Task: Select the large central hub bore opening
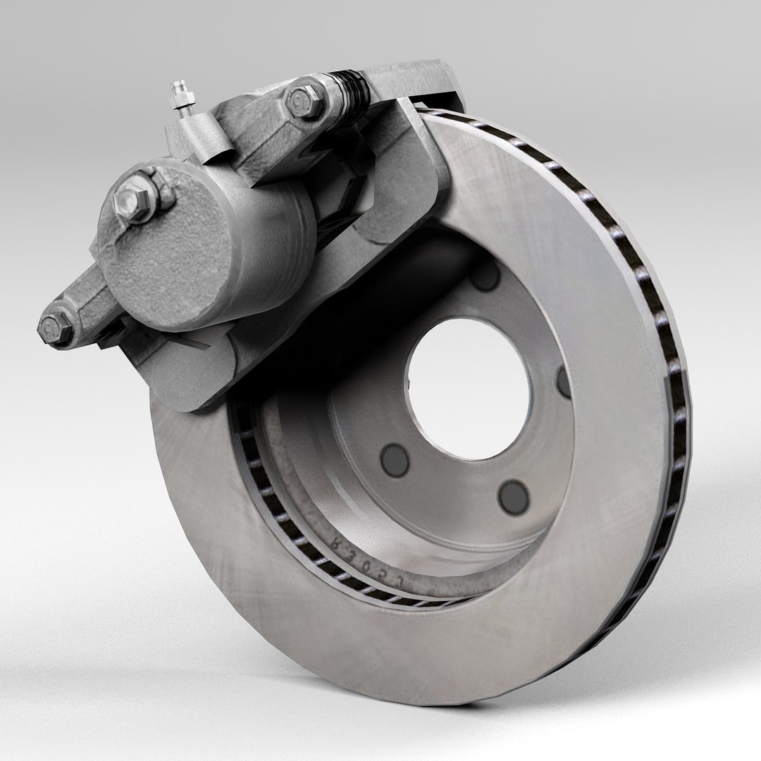point(466,384)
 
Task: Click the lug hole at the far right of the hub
point(564,381)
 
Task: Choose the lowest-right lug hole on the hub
point(513,496)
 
